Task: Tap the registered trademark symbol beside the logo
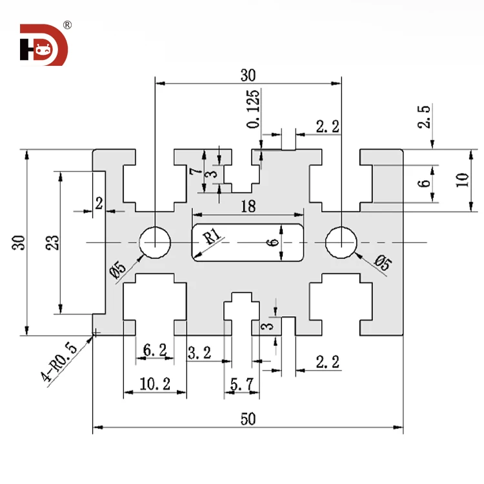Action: [67, 25]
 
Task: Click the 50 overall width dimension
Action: [248, 419]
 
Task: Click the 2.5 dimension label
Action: [424, 116]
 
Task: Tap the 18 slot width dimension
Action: [248, 207]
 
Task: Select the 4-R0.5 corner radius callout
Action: [60, 363]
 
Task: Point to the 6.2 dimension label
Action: [155, 350]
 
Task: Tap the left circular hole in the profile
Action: [156, 243]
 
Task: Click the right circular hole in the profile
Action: [341, 243]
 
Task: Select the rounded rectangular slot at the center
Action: [248, 243]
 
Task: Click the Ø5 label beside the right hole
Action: [382, 264]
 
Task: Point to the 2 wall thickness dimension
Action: [99, 203]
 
